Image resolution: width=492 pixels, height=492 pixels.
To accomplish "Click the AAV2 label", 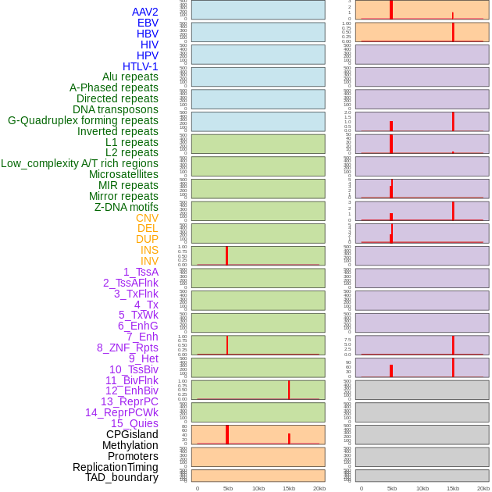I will coord(145,12).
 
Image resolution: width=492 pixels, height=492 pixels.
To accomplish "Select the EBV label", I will coord(148,23).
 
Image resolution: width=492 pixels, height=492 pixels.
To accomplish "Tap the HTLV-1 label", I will coord(141,66).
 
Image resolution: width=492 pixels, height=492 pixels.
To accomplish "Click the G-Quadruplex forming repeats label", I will coord(83,120).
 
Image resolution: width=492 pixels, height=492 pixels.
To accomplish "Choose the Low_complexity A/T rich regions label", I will coord(80,163).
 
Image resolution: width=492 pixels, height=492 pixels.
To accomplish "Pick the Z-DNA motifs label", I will coord(127,207).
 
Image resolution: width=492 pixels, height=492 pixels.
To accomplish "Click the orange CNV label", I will coord(147,218).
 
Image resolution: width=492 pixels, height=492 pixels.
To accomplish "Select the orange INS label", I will coord(149,250).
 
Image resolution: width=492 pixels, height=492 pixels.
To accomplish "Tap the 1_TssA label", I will coord(141,272).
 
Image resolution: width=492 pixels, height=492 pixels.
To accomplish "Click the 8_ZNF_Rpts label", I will coord(127,348).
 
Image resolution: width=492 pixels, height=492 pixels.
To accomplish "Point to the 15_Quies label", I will coord(134,423).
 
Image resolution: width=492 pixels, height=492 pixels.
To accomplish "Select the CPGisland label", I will coord(132,434).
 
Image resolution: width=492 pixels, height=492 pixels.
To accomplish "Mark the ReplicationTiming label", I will coord(116,467).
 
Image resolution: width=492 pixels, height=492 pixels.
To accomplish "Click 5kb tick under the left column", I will coord(228,488).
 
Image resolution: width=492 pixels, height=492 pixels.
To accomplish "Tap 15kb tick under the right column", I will coord(453,488).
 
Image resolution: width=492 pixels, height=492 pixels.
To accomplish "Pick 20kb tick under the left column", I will coord(319,488).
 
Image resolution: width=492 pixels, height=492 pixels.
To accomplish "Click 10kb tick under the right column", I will coord(422,488).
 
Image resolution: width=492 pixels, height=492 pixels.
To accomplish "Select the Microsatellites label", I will coord(123,174).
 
